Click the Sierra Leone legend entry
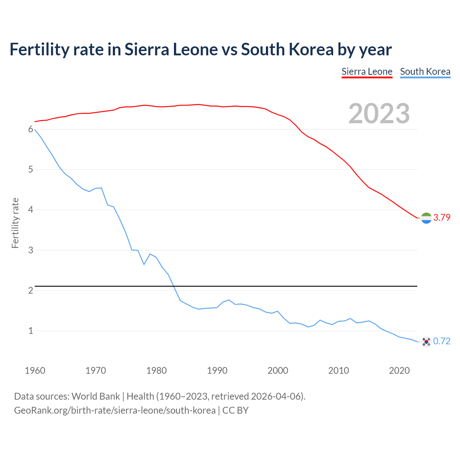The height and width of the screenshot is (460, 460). click(367, 72)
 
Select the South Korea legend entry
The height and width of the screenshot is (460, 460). click(425, 72)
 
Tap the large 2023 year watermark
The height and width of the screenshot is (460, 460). click(379, 114)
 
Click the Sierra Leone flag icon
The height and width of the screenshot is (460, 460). click(426, 218)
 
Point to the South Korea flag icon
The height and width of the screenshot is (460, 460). click(426, 341)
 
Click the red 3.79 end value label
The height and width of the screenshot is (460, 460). click(442, 217)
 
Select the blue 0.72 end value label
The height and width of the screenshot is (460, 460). click(442, 341)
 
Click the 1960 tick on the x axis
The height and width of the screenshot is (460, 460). click(35, 371)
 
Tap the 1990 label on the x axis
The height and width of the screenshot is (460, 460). click(217, 371)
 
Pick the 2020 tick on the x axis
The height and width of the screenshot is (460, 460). click(399, 371)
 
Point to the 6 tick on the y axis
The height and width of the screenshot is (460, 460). click(31, 129)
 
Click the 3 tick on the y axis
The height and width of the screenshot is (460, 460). click(31, 250)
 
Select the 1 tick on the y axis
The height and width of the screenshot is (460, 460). click(31, 331)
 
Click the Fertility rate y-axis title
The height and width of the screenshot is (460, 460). click(15, 223)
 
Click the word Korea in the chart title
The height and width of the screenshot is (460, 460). click(311, 50)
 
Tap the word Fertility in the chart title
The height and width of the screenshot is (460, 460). click(39, 50)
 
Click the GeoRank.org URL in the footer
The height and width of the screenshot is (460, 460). click(115, 410)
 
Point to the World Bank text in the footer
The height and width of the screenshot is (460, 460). click(96, 396)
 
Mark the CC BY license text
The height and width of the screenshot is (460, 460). click(235, 410)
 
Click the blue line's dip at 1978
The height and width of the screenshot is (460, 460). click(144, 264)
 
